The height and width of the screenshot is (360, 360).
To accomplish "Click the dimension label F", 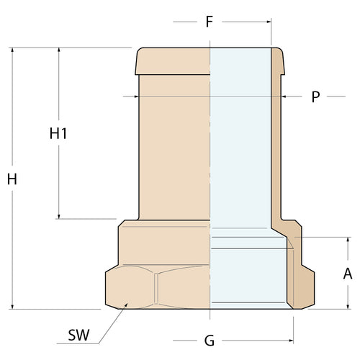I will [x=209, y=21].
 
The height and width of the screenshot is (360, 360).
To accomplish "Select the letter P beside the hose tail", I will [x=315, y=96].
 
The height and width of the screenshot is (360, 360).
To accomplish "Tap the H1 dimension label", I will [x=58, y=133].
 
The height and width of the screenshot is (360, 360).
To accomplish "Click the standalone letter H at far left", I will [x=12, y=179].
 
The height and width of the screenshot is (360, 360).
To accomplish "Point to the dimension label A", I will [x=348, y=274].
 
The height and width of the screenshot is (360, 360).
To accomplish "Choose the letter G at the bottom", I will [x=209, y=339].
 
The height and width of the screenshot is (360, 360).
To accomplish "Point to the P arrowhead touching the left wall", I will [x=135, y=96].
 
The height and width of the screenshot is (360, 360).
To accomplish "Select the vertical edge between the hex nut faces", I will [x=156, y=288].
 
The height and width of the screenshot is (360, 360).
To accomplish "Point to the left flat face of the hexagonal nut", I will [x=130, y=288].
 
